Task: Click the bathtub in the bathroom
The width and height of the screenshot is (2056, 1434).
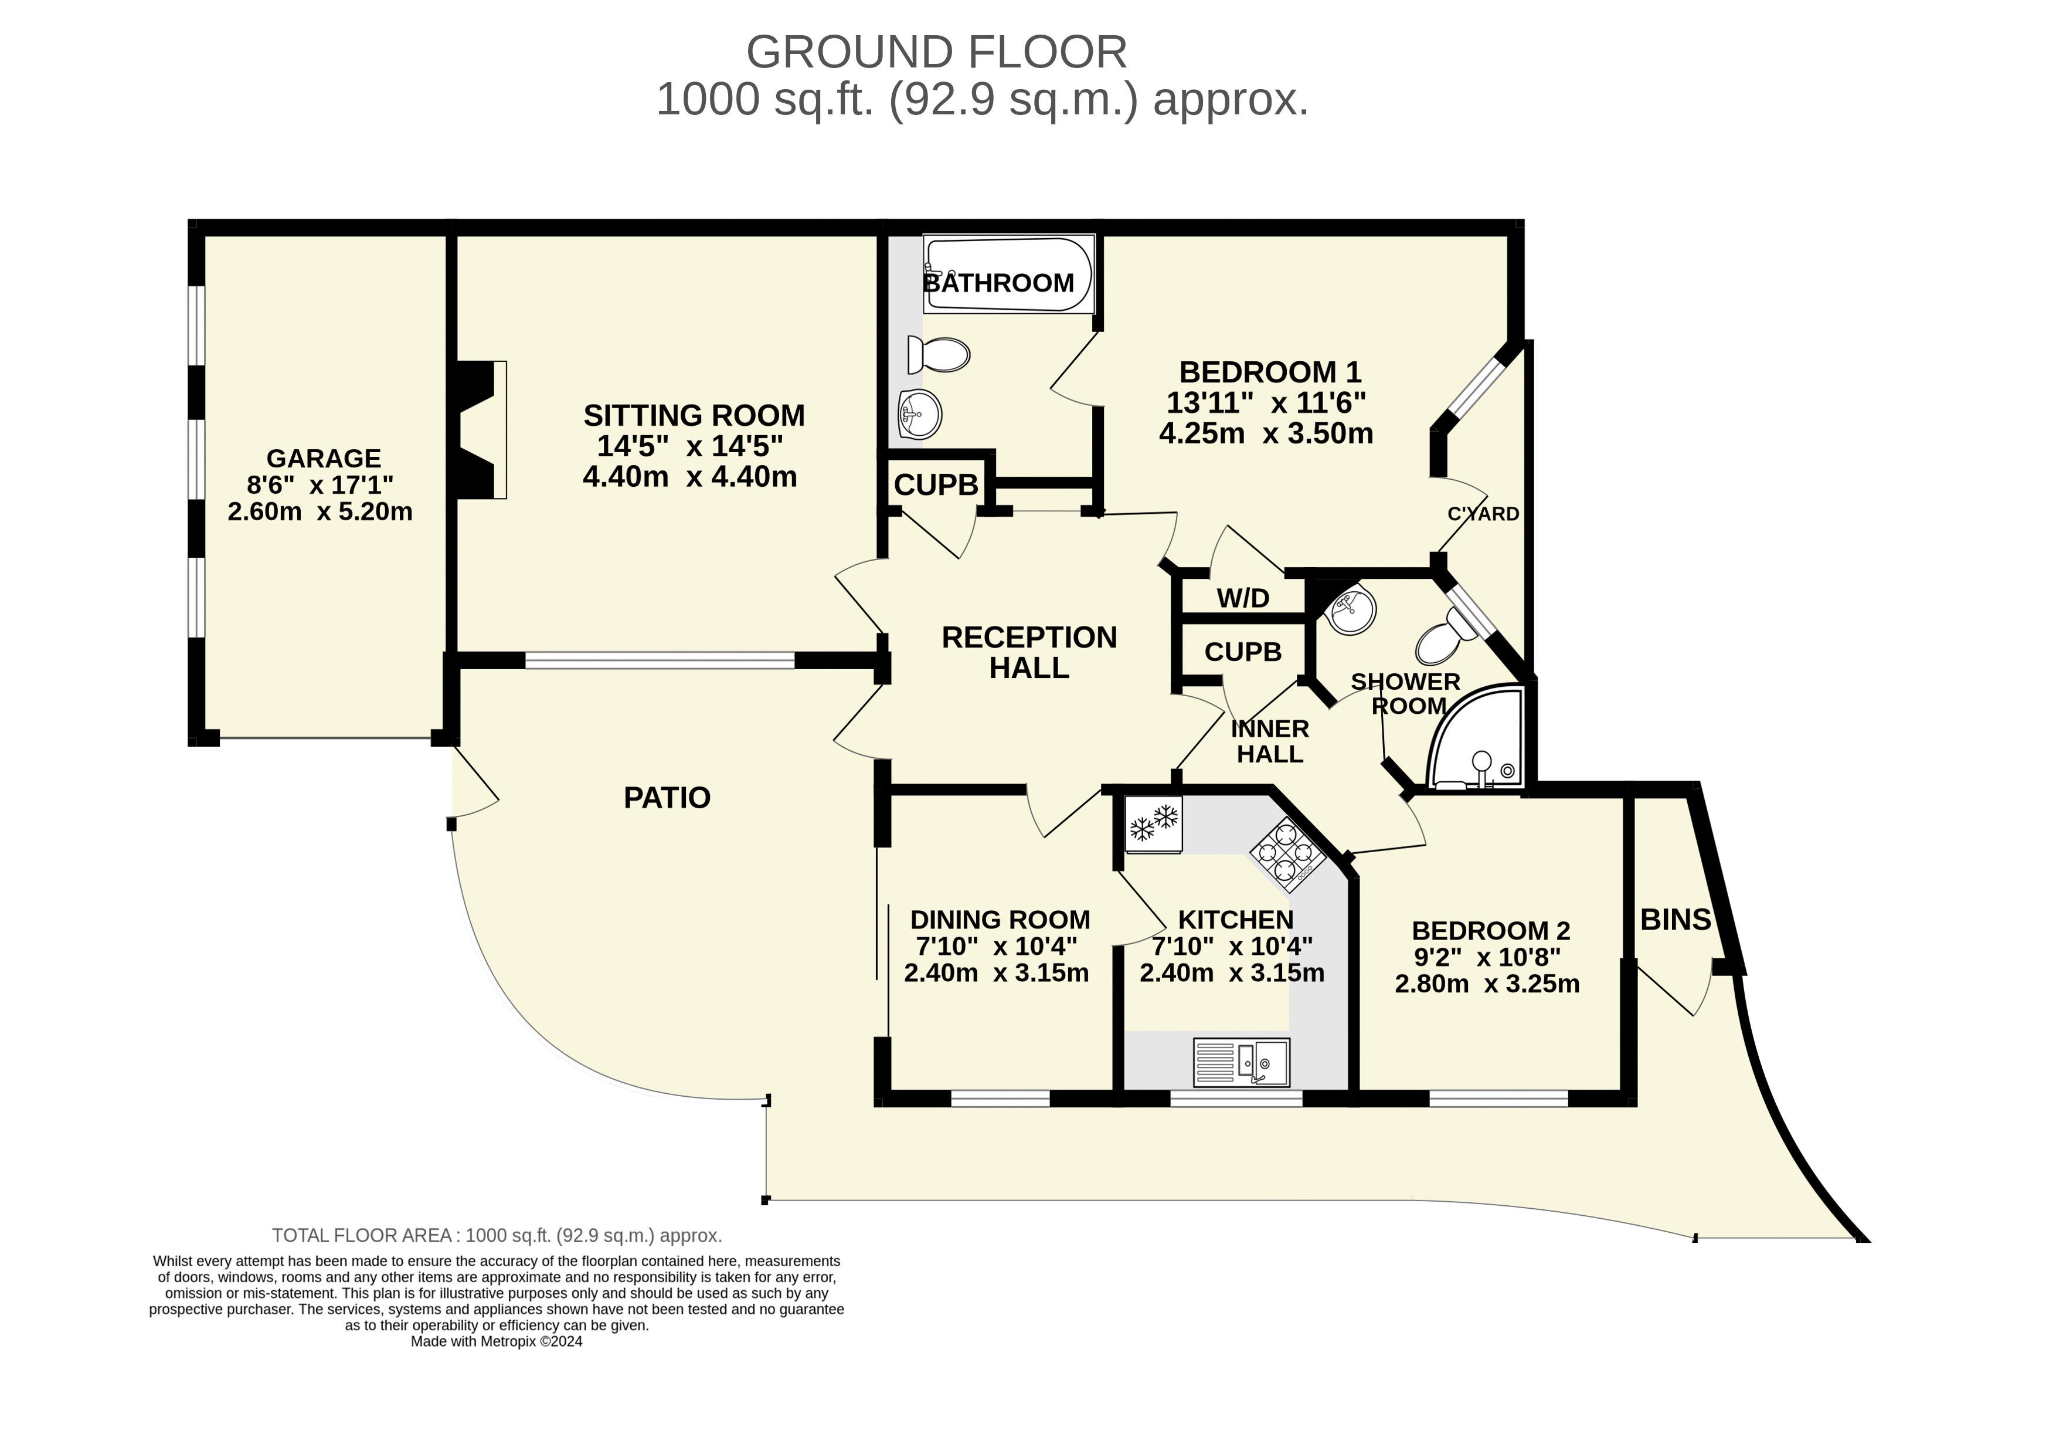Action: (1009, 274)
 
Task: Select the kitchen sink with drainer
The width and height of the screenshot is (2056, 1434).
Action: (1241, 1062)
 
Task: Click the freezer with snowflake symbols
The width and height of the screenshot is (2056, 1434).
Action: (1153, 824)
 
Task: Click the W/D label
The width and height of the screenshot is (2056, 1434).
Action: (1243, 598)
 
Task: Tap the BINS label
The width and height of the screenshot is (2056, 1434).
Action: (1676, 920)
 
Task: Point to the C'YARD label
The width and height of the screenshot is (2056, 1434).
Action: (1483, 514)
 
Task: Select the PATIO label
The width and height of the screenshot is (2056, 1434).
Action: (667, 797)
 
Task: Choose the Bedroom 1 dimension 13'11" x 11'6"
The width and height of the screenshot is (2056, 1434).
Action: (1266, 402)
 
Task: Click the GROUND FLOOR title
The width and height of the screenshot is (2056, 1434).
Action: (937, 52)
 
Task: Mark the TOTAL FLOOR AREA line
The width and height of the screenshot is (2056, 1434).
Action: (497, 1236)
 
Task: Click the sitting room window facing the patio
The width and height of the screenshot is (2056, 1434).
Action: (660, 660)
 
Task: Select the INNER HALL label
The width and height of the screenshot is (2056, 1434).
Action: (1270, 741)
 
